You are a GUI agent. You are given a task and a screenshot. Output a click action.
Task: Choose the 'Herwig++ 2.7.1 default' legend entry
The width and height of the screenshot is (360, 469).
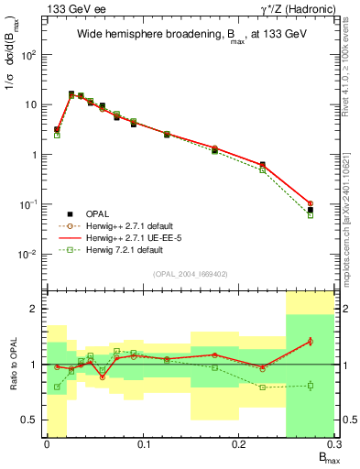127,224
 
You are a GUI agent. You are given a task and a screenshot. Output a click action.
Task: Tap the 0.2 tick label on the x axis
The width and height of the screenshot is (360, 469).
238,445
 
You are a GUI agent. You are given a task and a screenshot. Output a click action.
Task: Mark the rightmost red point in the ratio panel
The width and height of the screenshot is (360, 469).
311,341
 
